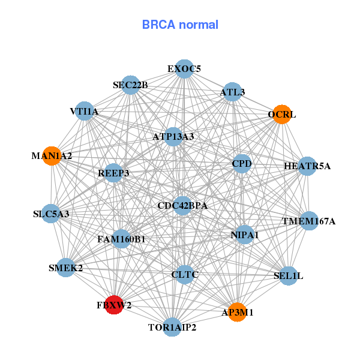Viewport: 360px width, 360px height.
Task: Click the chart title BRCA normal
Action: pyautogui.click(x=180, y=25)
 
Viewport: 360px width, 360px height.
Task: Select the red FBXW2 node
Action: pyautogui.click(x=114, y=305)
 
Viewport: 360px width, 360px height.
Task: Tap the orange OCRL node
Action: pyautogui.click(x=282, y=114)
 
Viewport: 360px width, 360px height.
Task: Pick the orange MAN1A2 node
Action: pyautogui.click(x=52, y=155)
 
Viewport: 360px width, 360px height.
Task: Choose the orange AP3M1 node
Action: pyautogui.click(x=238, y=312)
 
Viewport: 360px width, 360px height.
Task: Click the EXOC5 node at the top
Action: pyautogui.click(x=184, y=68)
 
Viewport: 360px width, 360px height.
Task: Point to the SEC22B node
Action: pyautogui.click(x=131, y=85)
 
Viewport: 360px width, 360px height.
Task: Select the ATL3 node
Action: pyautogui.click(x=232, y=92)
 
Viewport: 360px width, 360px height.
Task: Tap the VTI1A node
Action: pyautogui.click(x=85, y=111)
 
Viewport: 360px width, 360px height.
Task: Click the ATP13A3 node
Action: pyautogui.click(x=173, y=137)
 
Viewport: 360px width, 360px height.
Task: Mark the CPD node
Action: pyautogui.click(x=241, y=164)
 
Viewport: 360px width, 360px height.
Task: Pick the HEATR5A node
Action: pyautogui.click(x=307, y=166)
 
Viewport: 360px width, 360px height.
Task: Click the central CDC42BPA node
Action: pyautogui.click(x=182, y=205)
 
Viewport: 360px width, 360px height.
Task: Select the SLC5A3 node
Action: pyautogui.click(x=52, y=214)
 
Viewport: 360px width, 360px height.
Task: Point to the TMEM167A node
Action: pyautogui.click(x=308, y=221)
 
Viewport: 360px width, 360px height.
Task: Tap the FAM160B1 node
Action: pyautogui.click(x=121, y=239)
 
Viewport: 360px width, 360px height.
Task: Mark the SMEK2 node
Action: pyautogui.click(x=66, y=268)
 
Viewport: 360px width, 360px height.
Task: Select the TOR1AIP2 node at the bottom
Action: pyautogui.click(x=172, y=327)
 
